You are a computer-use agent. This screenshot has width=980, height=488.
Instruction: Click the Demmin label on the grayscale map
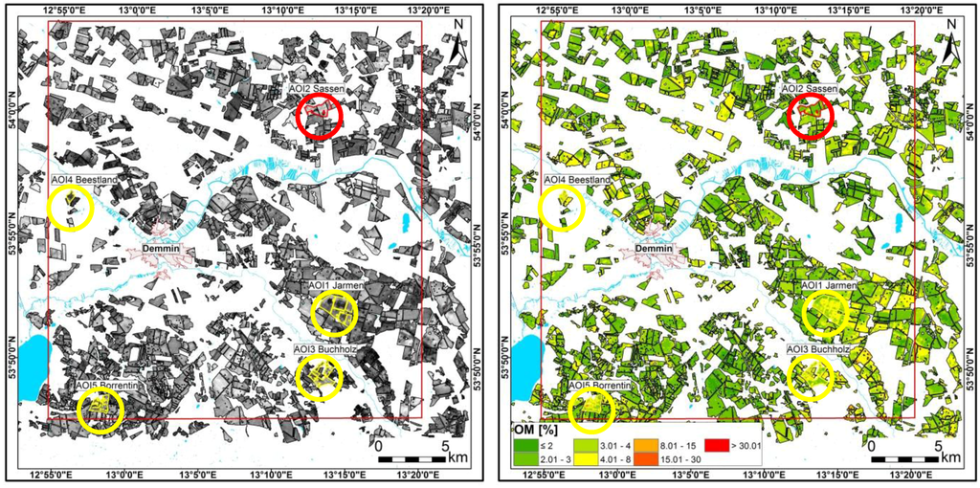click(x=161, y=249)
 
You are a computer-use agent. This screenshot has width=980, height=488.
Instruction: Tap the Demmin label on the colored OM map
click(x=655, y=249)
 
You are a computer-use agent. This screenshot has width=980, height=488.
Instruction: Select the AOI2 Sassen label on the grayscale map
click(x=324, y=89)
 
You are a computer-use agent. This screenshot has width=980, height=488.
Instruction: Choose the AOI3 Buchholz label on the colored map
click(x=819, y=350)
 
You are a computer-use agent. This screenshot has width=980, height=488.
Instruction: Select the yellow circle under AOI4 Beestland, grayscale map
click(x=70, y=208)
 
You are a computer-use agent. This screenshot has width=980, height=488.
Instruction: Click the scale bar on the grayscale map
click(x=415, y=459)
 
